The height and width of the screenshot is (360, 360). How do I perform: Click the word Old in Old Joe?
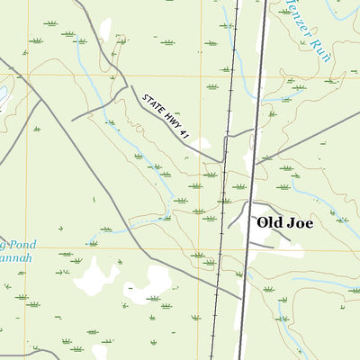(271, 222)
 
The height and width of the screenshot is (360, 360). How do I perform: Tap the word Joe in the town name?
(301, 222)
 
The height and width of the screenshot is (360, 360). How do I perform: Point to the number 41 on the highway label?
(184, 132)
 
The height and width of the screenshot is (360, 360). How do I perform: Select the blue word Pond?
(18, 243)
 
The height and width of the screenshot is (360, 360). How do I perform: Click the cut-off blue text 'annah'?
(14, 258)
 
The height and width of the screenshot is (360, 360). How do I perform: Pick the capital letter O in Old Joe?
(264, 222)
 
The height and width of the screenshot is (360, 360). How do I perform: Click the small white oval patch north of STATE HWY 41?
(105, 30)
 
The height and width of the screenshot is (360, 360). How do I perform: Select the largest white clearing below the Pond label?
(94, 275)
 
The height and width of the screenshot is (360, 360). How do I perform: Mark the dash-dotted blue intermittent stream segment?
(144, 219)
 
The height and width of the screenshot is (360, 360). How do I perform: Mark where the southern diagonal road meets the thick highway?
(241, 298)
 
